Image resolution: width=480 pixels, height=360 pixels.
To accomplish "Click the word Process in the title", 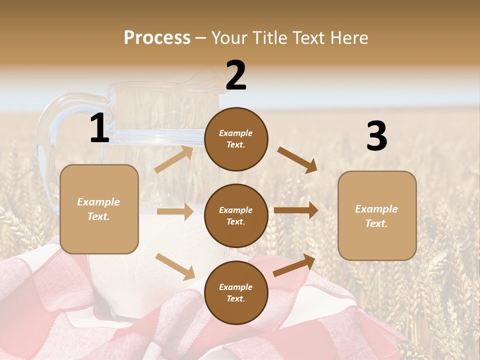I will pyautogui.click(x=157, y=37).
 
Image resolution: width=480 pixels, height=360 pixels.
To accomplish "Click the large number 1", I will pyautogui.click(x=99, y=128).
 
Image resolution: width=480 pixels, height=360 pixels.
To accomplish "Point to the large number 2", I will pyautogui.click(x=236, y=75).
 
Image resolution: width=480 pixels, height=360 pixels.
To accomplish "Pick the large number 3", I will pyautogui.click(x=376, y=136).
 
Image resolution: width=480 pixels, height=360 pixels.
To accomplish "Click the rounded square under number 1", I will pyautogui.click(x=99, y=209).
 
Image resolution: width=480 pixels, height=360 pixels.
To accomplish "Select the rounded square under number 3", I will pyautogui.click(x=377, y=215).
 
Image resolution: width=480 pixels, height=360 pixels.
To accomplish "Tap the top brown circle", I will pyautogui.click(x=236, y=139).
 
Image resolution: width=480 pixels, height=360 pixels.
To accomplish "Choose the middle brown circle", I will pyautogui.click(x=236, y=215).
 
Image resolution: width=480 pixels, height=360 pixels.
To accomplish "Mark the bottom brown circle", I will pyautogui.click(x=236, y=292).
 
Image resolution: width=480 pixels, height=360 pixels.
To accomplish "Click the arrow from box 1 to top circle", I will pyautogui.click(x=174, y=159).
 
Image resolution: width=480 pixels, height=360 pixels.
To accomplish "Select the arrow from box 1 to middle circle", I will pyautogui.click(x=175, y=211).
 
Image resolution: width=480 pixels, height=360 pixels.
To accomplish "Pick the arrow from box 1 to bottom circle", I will pyautogui.click(x=175, y=266).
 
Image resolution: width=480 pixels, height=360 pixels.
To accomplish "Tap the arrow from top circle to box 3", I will pyautogui.click(x=297, y=159).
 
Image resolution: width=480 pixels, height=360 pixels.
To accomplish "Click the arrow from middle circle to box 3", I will pyautogui.click(x=296, y=210).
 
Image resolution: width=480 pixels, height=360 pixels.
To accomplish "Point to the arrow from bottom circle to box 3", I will pyautogui.click(x=294, y=265).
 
